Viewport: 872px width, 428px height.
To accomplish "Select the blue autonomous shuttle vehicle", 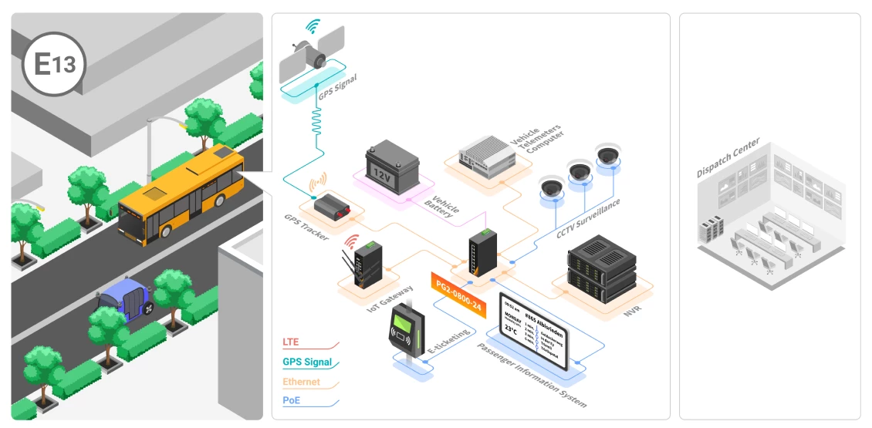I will point(124,298).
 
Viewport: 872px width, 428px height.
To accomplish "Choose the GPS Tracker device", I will point(336,205).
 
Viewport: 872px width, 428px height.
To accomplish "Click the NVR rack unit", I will point(600,269).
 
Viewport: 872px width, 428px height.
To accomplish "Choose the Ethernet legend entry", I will point(302,382).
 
